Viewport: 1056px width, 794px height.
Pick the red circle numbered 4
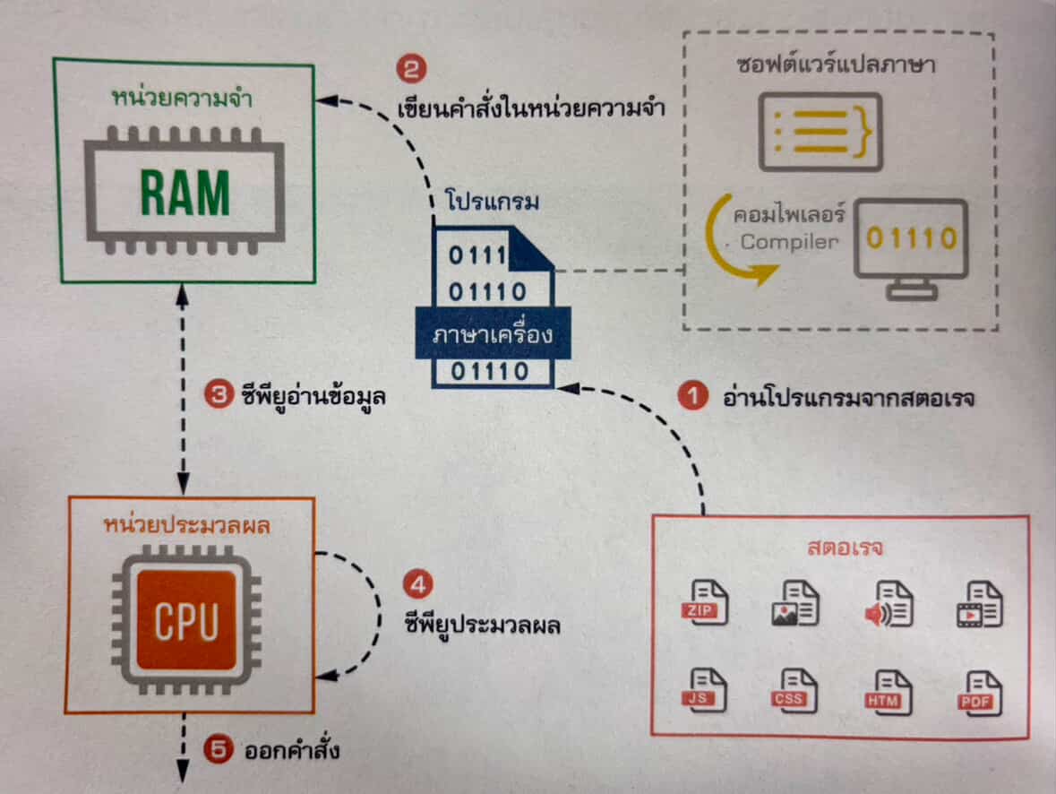(x=417, y=585)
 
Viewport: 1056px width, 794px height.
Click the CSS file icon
(x=794, y=692)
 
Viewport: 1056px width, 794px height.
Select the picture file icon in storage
(x=794, y=603)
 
